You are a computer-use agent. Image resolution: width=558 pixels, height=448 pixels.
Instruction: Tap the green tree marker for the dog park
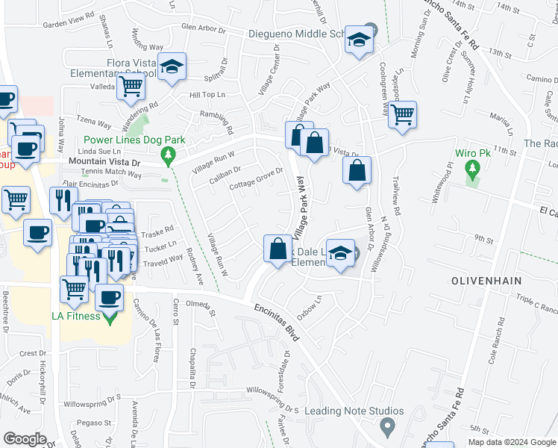click(169, 155)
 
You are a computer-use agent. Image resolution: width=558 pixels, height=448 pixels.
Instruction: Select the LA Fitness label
click(75, 316)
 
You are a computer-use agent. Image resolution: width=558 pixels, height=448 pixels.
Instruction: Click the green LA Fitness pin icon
click(110, 317)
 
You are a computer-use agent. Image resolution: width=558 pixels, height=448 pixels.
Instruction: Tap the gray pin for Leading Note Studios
click(386, 427)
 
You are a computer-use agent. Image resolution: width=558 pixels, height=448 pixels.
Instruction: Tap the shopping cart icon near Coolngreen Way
click(402, 114)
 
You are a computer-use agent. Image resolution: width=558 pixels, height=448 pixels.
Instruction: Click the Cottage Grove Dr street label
click(257, 178)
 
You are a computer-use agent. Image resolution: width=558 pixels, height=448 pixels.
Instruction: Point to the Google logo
click(25, 439)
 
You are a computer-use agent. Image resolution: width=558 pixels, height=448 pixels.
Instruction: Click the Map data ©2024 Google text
click(511, 442)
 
